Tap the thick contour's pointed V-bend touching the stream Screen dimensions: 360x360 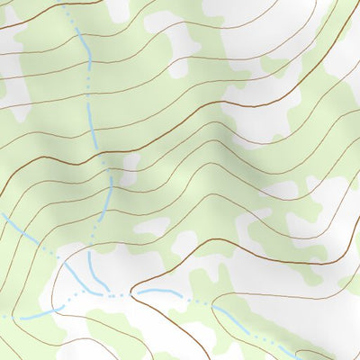[132, 292]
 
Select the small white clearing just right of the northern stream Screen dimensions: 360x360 [131, 162]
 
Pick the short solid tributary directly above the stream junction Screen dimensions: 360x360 [92, 265]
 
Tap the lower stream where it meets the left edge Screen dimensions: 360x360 [4, 318]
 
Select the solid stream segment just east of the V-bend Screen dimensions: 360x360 [162, 293]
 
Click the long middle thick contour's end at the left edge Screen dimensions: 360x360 [3, 193]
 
